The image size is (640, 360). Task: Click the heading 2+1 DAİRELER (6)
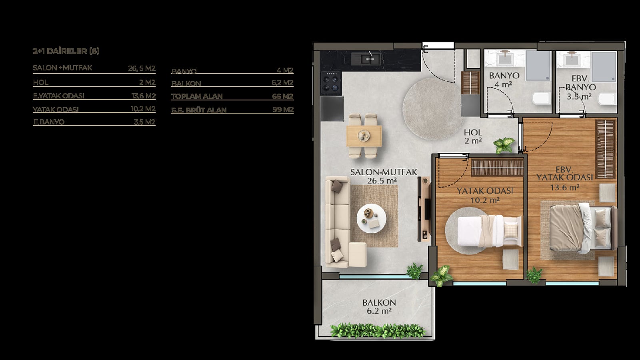tap(66, 51)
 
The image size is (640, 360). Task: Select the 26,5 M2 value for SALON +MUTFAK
tap(142, 68)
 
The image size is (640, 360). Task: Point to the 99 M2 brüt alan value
tap(283, 110)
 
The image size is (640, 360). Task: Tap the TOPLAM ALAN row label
tap(197, 96)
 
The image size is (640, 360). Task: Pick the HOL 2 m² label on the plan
tap(473, 136)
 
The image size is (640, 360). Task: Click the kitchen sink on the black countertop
tap(366, 58)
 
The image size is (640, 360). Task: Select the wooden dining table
tap(364, 136)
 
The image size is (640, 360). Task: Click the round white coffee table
tap(372, 218)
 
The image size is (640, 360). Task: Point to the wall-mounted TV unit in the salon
tap(424, 209)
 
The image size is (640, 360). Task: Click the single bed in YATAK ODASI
tap(490, 231)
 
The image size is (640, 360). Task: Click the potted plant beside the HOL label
tap(504, 146)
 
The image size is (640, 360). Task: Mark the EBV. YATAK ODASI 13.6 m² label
tap(564, 178)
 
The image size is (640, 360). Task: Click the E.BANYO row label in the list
tap(49, 122)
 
